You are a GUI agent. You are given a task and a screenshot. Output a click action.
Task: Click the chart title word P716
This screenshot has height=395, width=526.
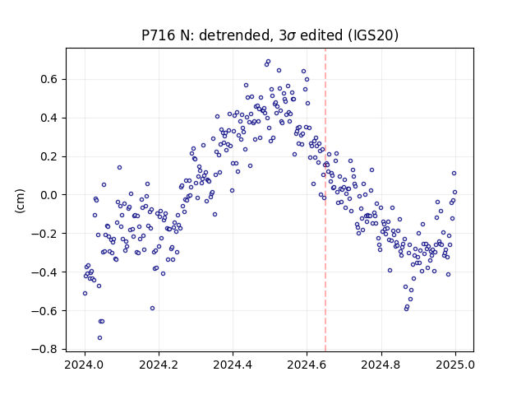tap(159, 35)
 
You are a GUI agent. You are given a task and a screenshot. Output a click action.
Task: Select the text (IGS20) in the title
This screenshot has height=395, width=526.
tap(373, 35)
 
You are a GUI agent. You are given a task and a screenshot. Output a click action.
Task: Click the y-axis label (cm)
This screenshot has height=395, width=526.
tap(20, 200)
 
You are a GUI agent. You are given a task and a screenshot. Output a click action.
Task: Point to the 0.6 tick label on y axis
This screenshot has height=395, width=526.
tap(49, 79)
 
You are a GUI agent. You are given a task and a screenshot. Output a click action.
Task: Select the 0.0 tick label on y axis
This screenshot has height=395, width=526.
tap(49, 195)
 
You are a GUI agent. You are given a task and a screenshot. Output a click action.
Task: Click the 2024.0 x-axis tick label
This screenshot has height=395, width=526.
tap(85, 365)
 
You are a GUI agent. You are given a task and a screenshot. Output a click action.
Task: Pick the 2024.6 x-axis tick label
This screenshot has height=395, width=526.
tap(307, 365)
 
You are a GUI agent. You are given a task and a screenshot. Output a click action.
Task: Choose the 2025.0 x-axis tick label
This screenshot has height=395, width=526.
tap(455, 365)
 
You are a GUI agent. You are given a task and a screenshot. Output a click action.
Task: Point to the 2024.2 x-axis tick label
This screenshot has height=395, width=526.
tap(159, 365)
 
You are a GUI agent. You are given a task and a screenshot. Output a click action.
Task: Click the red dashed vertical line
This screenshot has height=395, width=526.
tap(325, 200)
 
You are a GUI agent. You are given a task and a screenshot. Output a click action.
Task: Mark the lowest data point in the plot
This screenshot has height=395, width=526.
tap(99, 338)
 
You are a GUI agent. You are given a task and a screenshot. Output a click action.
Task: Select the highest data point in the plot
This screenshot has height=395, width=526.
tap(269, 62)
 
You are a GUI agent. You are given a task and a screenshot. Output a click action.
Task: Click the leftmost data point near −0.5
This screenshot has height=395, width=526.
tap(85, 293)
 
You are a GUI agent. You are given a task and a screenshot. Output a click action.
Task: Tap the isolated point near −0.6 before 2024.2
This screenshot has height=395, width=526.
tap(152, 308)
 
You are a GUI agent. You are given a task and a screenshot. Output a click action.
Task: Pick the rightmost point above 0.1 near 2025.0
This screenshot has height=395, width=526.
tap(454, 174)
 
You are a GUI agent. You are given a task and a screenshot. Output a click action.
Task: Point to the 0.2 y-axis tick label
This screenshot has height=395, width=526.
tap(49, 156)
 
